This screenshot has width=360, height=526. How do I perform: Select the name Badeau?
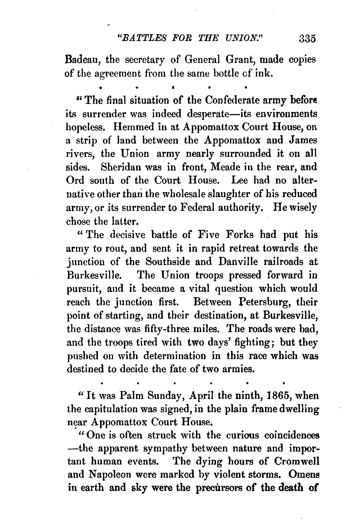click(80, 60)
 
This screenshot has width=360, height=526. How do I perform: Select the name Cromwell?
click(295, 461)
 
